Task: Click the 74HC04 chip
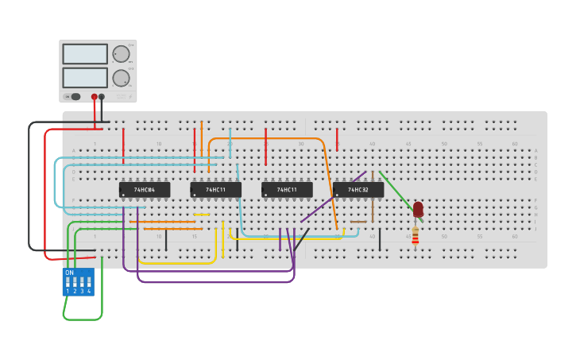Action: (x=144, y=190)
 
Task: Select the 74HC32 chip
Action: (x=358, y=190)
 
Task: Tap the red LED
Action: (x=418, y=209)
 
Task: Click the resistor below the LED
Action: (x=415, y=235)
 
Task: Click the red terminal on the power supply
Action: (x=95, y=97)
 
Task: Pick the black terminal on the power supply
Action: (x=102, y=97)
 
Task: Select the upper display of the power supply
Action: (x=85, y=54)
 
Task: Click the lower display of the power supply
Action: (x=85, y=77)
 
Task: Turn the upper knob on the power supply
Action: (x=121, y=54)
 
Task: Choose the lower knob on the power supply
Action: (x=121, y=78)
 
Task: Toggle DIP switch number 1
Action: (x=68, y=282)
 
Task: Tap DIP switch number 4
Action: (x=89, y=282)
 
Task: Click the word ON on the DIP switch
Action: (x=69, y=273)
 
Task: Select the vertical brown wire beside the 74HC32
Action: (x=372, y=196)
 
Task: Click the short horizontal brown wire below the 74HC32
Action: (x=358, y=222)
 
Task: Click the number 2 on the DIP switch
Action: (x=75, y=292)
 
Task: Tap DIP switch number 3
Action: (x=82, y=282)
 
